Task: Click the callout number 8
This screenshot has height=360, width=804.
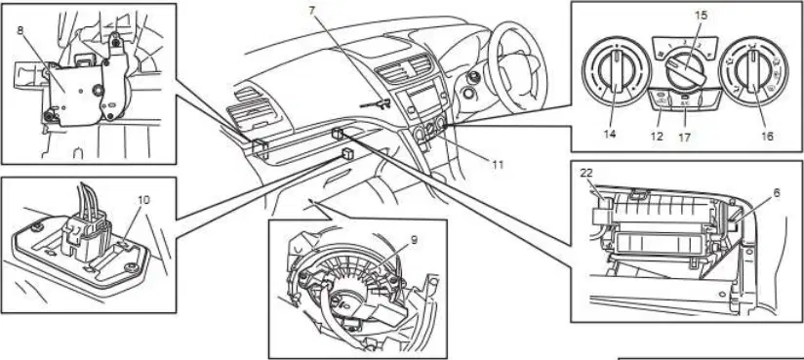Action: coord(20,29)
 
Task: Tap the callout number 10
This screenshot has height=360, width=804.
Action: coord(144,200)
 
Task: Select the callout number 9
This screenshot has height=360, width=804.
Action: coord(414,240)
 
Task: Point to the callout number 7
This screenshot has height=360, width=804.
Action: coord(312,10)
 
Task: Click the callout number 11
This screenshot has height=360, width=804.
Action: coord(498,165)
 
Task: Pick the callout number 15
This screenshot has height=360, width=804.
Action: coord(701,16)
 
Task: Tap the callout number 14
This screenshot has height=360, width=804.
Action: coord(610,135)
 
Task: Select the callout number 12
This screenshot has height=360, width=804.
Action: coord(657,137)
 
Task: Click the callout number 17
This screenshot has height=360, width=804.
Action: coord(685,138)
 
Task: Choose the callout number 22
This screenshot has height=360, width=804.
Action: coord(586,174)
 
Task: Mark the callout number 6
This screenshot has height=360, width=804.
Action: coord(777,193)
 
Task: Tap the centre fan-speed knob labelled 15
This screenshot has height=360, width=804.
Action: coord(686,71)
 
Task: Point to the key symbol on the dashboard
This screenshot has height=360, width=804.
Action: coord(376,104)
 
